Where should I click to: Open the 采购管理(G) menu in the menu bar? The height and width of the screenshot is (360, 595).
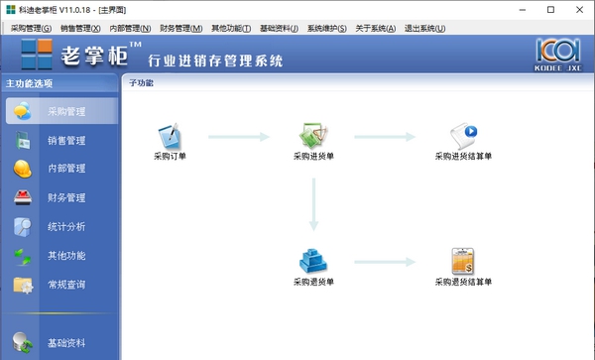(x=30, y=28)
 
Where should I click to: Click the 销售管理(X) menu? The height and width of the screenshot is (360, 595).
(x=80, y=28)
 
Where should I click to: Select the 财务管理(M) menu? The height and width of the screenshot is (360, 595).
(x=180, y=28)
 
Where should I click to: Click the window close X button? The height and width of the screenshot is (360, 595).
(x=577, y=9)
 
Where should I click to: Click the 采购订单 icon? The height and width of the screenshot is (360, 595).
(x=170, y=136)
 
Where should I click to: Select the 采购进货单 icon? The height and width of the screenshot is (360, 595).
(x=314, y=136)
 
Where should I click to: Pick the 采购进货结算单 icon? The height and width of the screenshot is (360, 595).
(x=463, y=136)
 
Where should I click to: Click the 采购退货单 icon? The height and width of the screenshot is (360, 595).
(x=314, y=261)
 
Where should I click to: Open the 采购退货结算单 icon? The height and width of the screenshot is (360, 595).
(x=463, y=261)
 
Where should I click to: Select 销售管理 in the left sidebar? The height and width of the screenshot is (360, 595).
(x=66, y=141)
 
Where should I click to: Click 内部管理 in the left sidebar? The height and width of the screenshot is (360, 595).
(x=66, y=170)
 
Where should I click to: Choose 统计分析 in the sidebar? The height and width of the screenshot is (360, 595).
(x=66, y=227)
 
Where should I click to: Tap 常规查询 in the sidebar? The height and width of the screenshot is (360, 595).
(x=66, y=286)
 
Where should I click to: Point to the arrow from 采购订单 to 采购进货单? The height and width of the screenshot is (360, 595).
(x=238, y=136)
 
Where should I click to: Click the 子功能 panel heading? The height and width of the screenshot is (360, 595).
(x=141, y=83)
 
